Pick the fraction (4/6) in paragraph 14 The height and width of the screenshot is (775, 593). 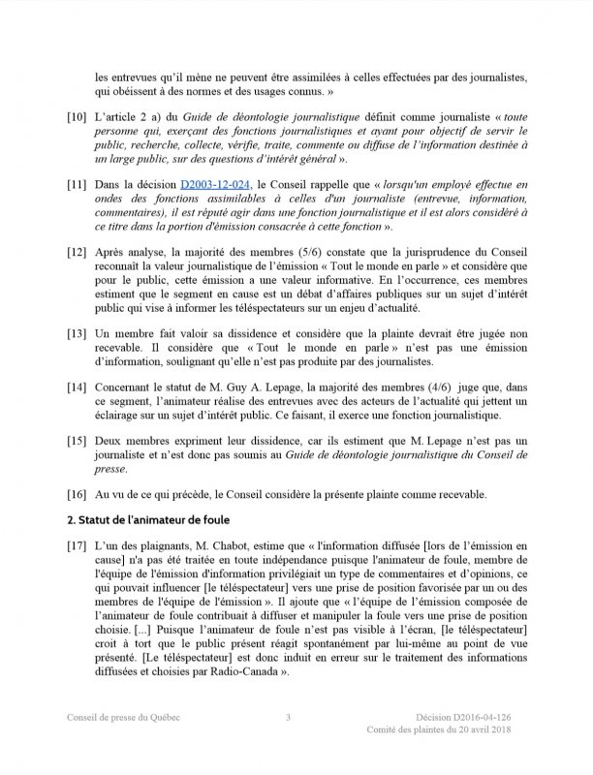pyautogui.click(x=429, y=387)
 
